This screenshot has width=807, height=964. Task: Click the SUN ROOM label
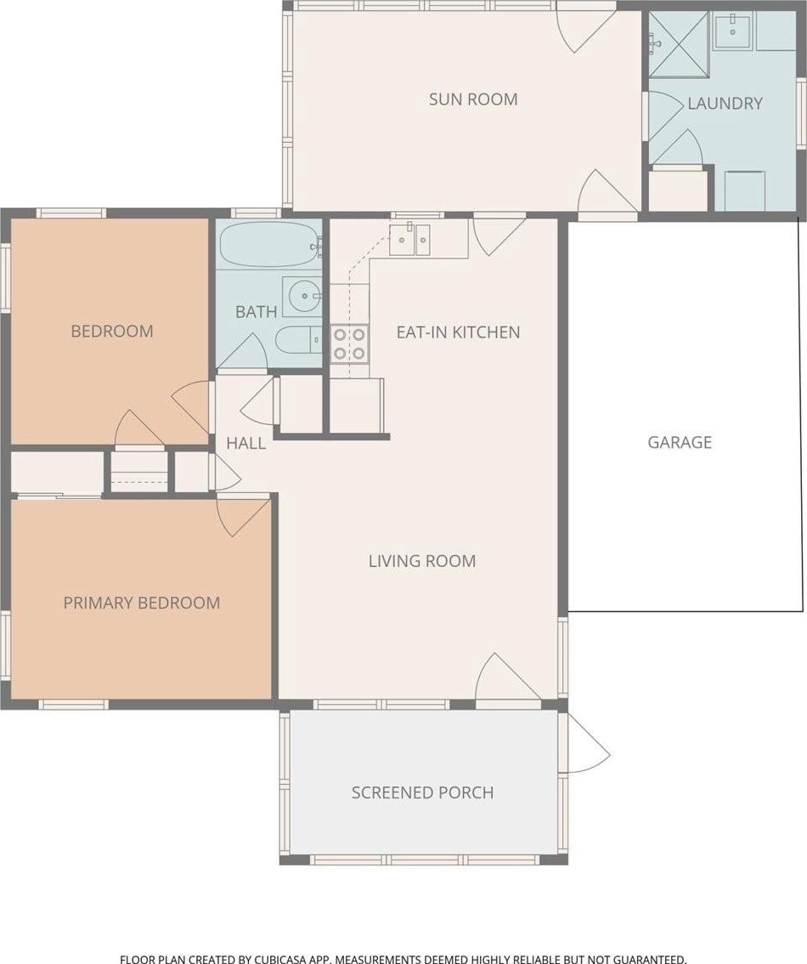tap(473, 99)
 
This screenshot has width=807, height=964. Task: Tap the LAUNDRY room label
tap(725, 104)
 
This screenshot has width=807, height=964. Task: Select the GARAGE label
tap(680, 442)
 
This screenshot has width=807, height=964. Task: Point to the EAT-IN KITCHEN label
tap(458, 332)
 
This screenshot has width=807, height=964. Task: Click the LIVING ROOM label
tap(422, 561)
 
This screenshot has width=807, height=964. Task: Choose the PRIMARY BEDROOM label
tap(142, 603)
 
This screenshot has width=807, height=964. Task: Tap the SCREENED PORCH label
tap(422, 792)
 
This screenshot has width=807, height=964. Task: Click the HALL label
tap(245, 443)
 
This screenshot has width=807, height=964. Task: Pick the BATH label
tap(256, 312)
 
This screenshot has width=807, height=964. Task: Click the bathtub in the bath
tap(269, 245)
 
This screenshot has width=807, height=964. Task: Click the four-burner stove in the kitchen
tap(349, 343)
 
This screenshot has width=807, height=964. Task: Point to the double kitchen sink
tap(409, 240)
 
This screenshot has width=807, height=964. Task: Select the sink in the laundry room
tap(732, 31)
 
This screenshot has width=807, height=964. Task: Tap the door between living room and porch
tap(508, 677)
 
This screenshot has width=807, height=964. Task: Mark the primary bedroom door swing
tap(244, 517)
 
